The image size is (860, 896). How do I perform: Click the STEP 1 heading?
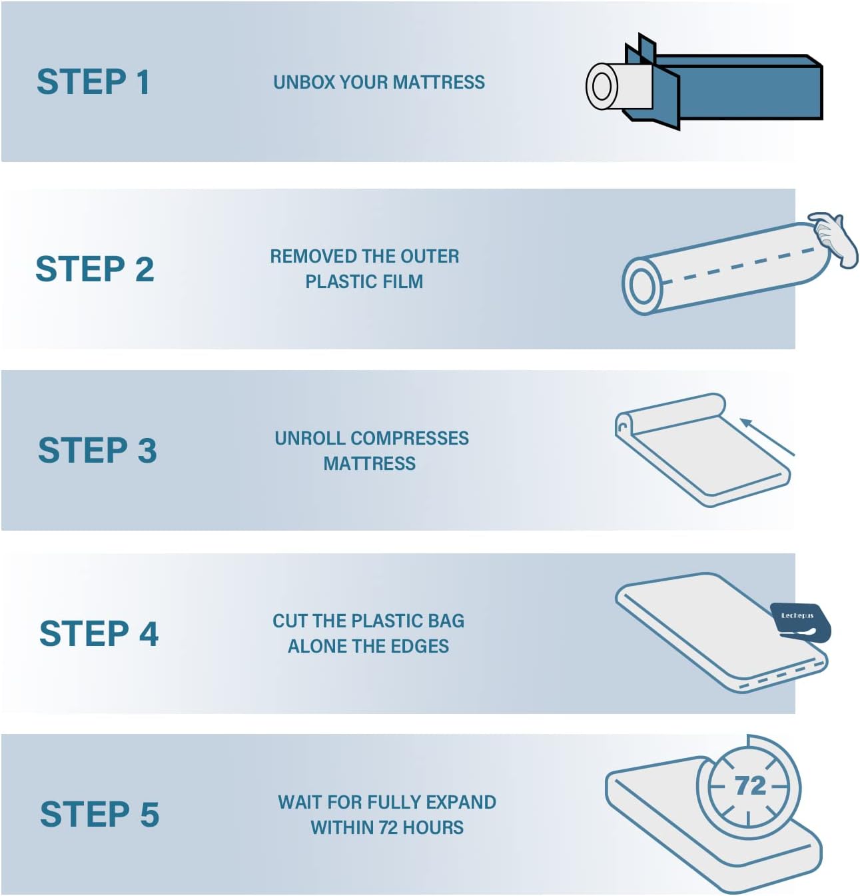(93, 82)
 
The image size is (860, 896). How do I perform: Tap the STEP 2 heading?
(95, 269)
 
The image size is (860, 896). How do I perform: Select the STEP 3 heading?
(97, 450)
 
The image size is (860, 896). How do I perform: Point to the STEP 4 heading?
(99, 633)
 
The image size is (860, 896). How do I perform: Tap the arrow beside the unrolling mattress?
(767, 437)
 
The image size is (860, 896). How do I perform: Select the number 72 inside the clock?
(751, 785)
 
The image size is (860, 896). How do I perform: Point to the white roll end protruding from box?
(618, 87)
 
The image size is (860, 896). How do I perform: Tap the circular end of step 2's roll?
(642, 285)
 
